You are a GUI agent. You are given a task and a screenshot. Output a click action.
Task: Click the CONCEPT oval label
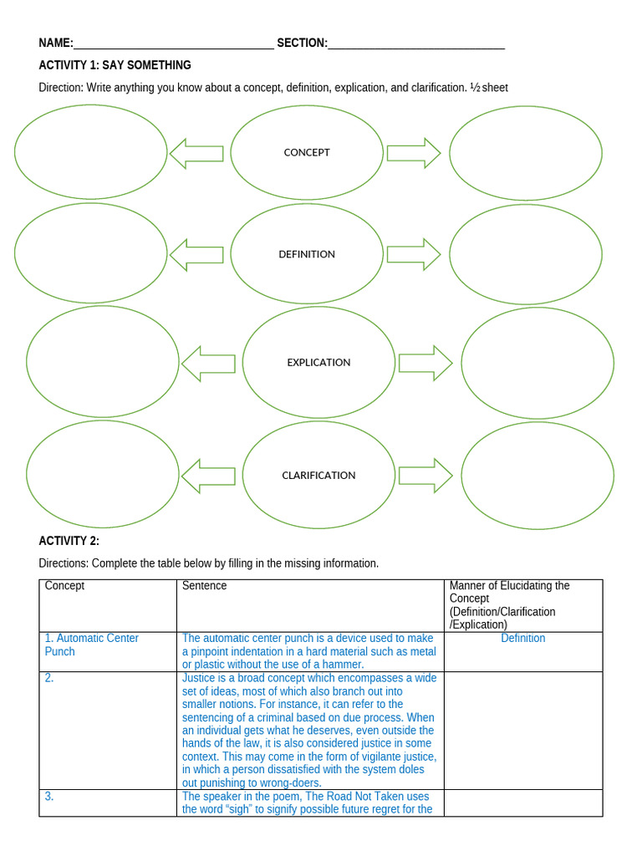tap(307, 152)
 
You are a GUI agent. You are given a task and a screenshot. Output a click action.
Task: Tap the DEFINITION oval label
tap(307, 254)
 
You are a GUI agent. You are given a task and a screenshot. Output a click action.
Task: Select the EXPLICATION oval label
tap(318, 362)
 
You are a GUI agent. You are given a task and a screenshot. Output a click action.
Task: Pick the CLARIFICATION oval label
tap(318, 475)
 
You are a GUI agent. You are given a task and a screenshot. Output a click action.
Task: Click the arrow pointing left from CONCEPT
tap(196, 153)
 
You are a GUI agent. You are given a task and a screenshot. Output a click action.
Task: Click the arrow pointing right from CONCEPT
tap(414, 153)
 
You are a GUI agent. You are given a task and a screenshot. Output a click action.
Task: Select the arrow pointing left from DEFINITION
tap(196, 254)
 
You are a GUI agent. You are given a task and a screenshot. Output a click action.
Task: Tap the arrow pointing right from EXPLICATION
tap(425, 363)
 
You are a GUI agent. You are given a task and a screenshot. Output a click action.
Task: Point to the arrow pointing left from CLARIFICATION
tap(208, 476)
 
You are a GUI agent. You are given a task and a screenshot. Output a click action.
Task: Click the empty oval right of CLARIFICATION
tap(538, 475)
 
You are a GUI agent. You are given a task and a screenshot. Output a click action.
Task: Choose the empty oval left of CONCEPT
tap(90, 152)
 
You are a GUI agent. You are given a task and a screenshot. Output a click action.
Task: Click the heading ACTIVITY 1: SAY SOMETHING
tap(115, 65)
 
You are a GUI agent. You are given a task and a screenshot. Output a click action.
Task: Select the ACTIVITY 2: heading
tap(69, 541)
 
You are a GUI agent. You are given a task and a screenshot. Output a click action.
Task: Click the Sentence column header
tap(205, 586)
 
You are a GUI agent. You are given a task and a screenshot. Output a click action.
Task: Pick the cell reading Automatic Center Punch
tap(91, 645)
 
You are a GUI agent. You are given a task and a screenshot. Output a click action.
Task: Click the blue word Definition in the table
tap(523, 639)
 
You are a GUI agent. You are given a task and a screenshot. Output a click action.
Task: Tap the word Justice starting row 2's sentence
tap(199, 678)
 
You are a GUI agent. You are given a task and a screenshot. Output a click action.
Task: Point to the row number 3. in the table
tap(49, 797)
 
